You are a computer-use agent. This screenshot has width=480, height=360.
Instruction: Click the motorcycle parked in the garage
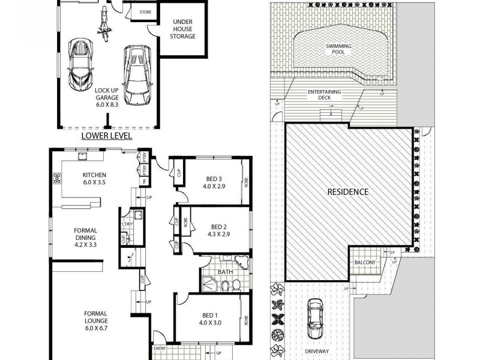[103, 22]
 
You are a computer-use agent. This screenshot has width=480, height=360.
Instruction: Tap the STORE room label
[145, 12]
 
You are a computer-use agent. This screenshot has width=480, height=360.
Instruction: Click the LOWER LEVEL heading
[107, 136]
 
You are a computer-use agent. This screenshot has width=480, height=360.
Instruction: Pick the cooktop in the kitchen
[58, 178]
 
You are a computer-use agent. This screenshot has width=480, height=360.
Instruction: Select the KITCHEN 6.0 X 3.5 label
[94, 179]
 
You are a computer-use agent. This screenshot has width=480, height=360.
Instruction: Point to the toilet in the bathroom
[236, 284]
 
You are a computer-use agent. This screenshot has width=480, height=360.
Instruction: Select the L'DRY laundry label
[127, 224]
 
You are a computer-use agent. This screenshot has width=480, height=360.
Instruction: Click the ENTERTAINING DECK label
[324, 95]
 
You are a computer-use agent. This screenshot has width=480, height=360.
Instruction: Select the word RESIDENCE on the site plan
[347, 193]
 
